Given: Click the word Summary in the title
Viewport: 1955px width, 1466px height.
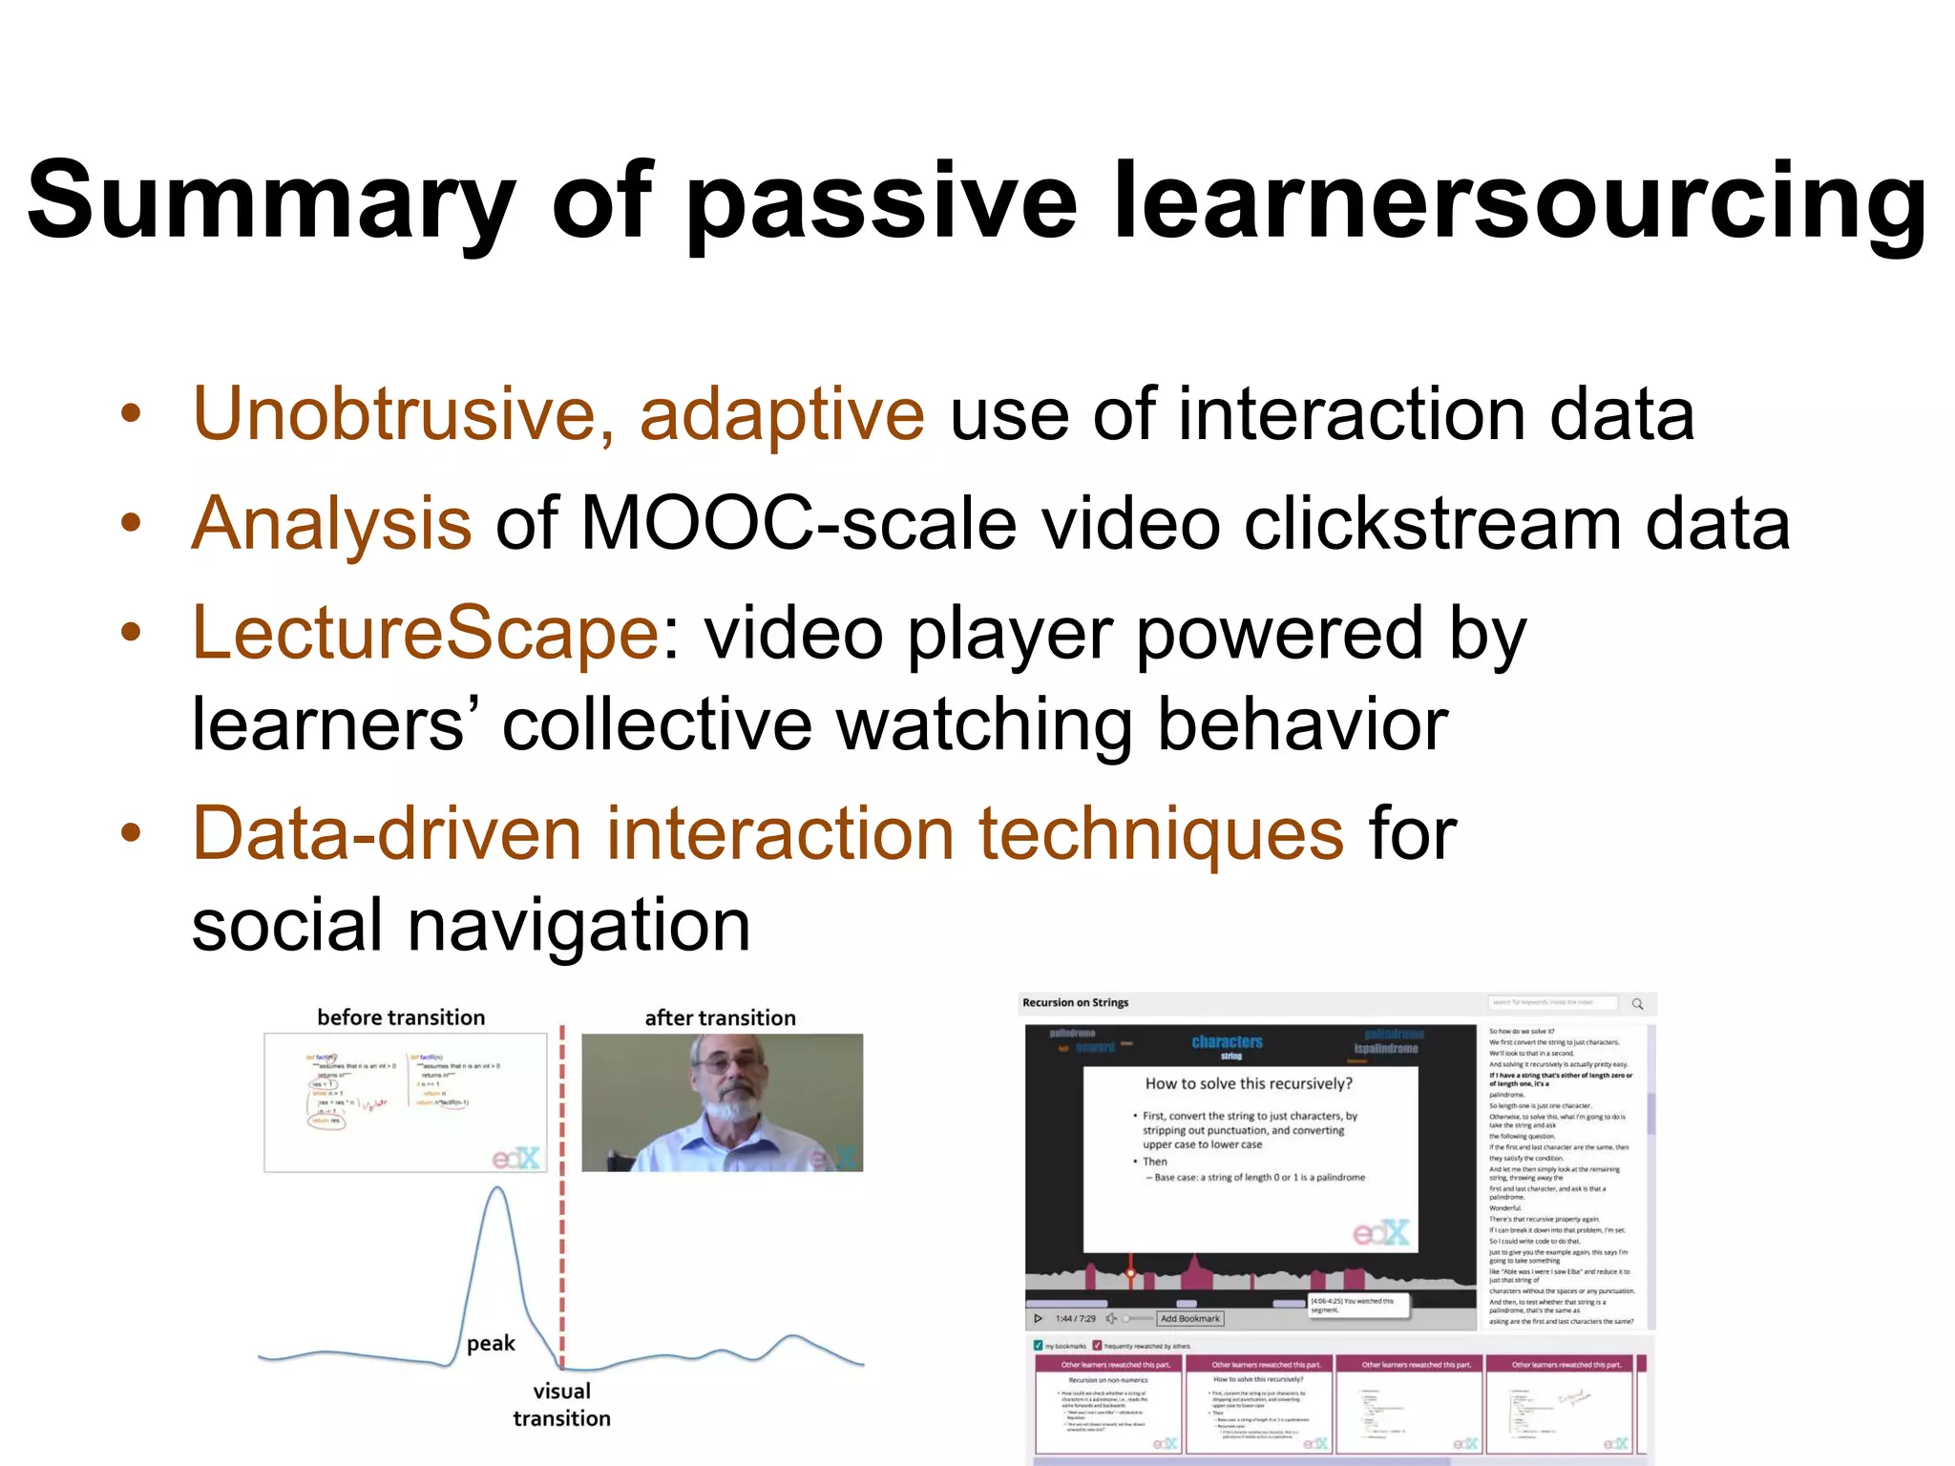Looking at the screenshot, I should point(270,202).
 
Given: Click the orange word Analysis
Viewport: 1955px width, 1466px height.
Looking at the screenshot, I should point(331,524).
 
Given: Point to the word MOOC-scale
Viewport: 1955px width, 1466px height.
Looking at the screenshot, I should point(798,524).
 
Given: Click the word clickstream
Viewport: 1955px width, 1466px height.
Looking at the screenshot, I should point(1432,524).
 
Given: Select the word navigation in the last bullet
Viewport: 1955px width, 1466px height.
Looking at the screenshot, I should point(578,926).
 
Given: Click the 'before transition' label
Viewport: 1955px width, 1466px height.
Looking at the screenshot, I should point(401,1017).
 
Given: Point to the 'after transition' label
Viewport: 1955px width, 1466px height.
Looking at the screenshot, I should point(720,1018).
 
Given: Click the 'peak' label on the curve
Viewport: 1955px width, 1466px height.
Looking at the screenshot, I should point(491,1344).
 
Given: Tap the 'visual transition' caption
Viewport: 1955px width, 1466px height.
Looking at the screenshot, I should point(561,1404).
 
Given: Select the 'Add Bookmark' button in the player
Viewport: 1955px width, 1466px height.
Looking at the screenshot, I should point(1189,1319).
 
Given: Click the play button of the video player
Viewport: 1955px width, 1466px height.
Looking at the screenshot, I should point(1038,1319).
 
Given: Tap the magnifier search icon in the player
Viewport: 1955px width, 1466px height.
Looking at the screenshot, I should point(1637,1004).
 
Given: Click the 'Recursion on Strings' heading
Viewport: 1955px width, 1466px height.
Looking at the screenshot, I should point(1075,1003).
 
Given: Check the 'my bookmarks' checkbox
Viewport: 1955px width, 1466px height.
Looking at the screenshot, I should point(1039,1346).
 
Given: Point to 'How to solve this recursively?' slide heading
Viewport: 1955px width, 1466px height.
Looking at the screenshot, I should point(1249,1084).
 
